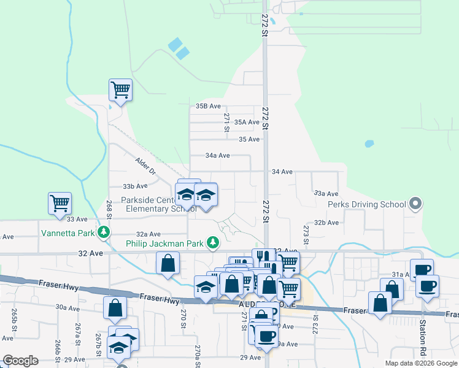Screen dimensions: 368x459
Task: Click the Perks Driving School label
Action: tap(366, 204)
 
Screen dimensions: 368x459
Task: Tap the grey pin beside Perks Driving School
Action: tap(415, 204)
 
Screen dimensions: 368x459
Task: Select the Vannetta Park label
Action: tap(67, 232)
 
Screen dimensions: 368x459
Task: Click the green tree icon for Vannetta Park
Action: tap(105, 232)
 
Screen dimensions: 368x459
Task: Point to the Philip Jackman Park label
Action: tap(164, 243)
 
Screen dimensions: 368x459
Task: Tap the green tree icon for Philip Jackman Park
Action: tap(213, 243)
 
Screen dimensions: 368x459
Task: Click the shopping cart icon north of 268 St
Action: tap(120, 90)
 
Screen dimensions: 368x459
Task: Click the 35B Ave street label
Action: tap(208, 106)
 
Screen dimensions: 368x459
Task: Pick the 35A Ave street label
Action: tap(247, 122)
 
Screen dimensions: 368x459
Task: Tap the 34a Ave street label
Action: tap(217, 156)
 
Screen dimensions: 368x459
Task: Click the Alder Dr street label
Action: tap(146, 164)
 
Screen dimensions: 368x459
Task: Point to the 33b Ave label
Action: tap(135, 186)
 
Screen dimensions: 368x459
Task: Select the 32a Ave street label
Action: tap(148, 234)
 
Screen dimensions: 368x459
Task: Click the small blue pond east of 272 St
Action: tap(369, 144)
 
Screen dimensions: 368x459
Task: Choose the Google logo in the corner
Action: tap(20, 361)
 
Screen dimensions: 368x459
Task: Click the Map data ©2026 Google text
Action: tap(421, 363)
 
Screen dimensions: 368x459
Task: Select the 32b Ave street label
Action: tap(326, 223)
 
